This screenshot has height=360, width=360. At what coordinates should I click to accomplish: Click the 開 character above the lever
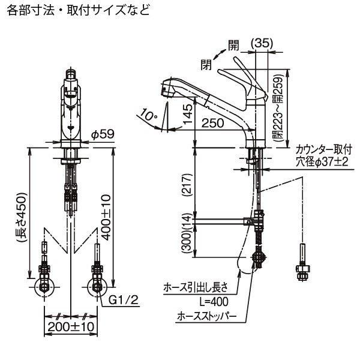coord(233,44)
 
